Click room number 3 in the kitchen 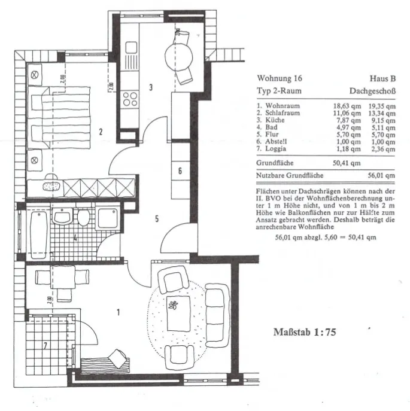(x=151, y=87)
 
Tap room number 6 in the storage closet (x=180, y=171)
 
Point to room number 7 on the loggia (x=45, y=346)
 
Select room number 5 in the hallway (x=157, y=218)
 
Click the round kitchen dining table (x=178, y=57)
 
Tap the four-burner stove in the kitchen (x=130, y=99)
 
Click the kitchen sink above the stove (x=131, y=48)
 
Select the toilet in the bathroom (x=84, y=217)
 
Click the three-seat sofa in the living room (x=217, y=315)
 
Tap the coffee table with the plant (x=178, y=313)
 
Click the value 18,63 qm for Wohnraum (x=347, y=106)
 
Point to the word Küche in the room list (x=275, y=120)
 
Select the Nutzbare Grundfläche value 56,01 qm (x=381, y=175)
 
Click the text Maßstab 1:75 (x=305, y=332)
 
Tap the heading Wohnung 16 (x=280, y=78)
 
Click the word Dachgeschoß (x=372, y=91)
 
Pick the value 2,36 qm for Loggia (x=381, y=149)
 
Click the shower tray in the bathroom (x=108, y=218)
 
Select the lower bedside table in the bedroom (x=35, y=160)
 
